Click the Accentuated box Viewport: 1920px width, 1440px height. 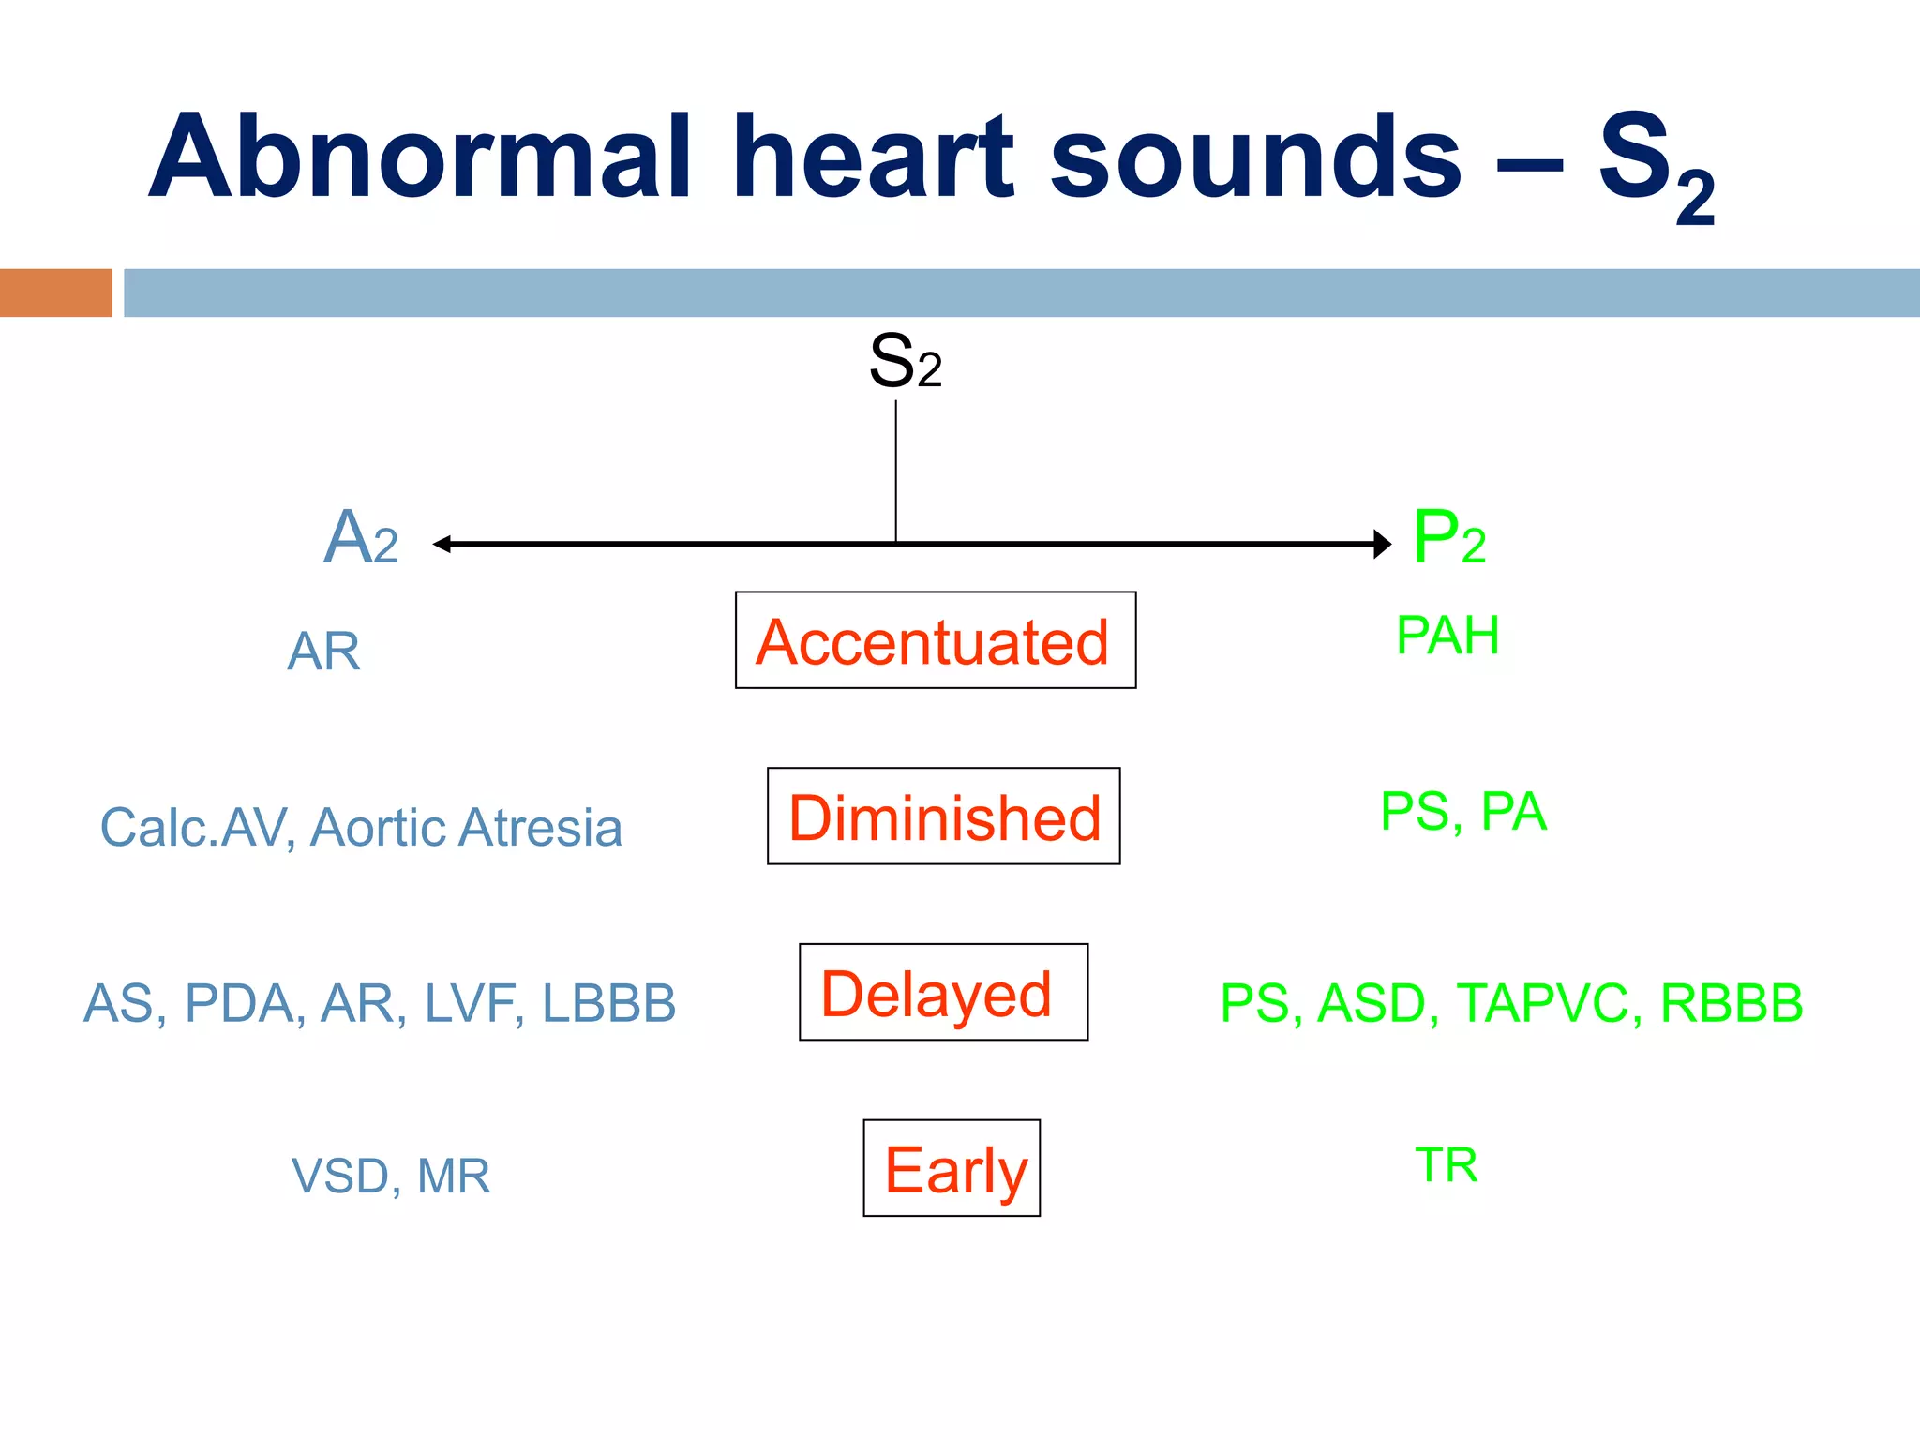(x=935, y=641)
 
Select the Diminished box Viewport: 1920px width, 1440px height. (x=943, y=817)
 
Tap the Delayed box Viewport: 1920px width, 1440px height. (x=943, y=993)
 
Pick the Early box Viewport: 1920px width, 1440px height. (x=952, y=1168)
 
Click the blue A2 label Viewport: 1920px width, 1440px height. (x=361, y=538)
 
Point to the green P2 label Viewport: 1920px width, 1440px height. (x=1448, y=538)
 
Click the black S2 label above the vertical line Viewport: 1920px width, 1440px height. (x=904, y=362)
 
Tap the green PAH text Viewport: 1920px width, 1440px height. (x=1447, y=636)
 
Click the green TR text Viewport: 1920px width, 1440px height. (x=1446, y=1165)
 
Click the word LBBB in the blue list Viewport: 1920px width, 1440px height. (x=608, y=1003)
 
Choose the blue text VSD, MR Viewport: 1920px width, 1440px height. (x=390, y=1176)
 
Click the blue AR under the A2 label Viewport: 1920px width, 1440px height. (x=323, y=652)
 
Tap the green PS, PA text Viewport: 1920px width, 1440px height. (x=1462, y=812)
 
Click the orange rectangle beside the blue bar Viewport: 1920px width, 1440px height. (x=55, y=292)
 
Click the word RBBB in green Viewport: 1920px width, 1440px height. (x=1731, y=1003)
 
